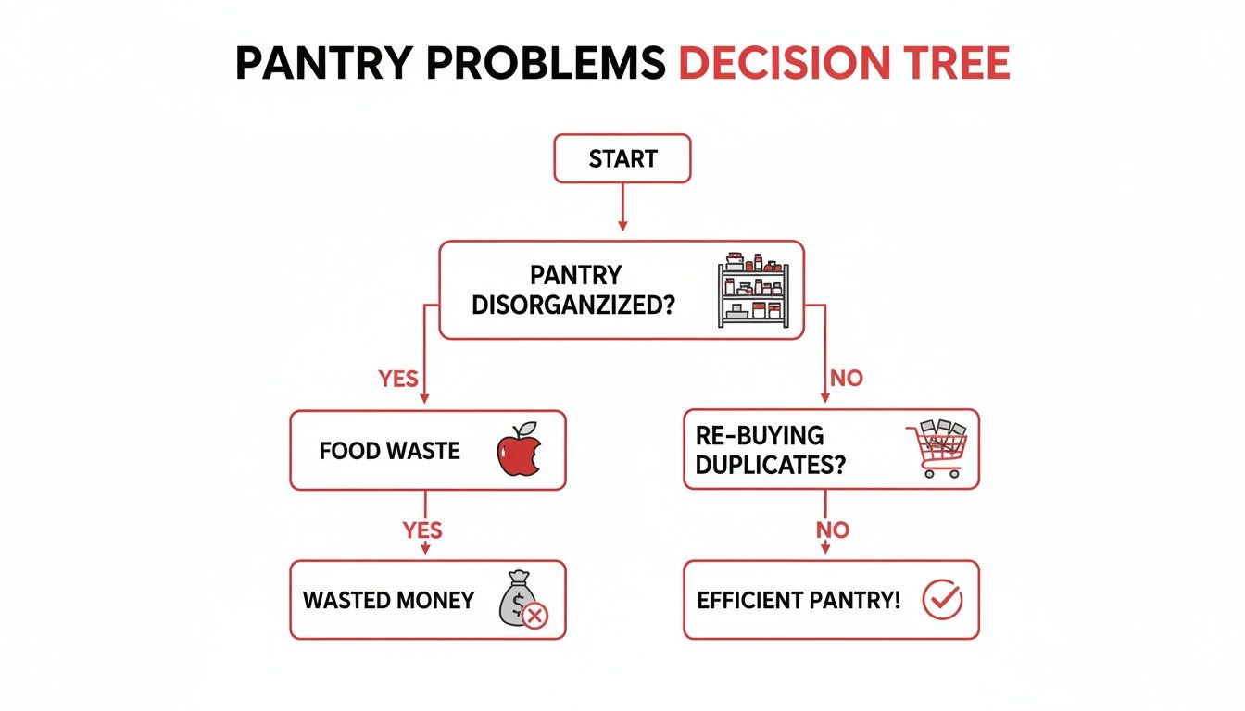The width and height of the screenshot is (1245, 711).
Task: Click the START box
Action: [x=622, y=159]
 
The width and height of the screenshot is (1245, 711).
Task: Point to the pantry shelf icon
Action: [x=753, y=290]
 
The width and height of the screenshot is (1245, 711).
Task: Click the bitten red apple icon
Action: [x=518, y=451]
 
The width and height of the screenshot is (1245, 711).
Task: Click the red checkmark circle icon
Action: [x=943, y=600]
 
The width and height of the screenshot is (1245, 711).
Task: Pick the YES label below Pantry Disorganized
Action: [x=398, y=379]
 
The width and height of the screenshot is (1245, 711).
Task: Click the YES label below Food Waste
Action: [x=422, y=530]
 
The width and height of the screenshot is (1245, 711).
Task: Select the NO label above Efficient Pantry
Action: [x=832, y=530]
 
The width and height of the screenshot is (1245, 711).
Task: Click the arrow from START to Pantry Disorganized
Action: [x=622, y=206]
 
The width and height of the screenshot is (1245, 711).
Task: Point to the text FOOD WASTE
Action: [x=389, y=452]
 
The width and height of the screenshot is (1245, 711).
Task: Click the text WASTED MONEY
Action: [x=389, y=600]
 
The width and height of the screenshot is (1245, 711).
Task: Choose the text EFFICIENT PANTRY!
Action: [x=799, y=600]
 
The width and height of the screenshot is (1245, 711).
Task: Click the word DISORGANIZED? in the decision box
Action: [x=572, y=304]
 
